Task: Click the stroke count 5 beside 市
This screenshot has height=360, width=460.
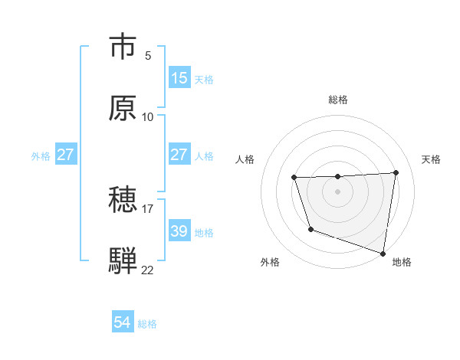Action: coord(148,56)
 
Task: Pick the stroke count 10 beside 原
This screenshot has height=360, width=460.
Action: coord(148,117)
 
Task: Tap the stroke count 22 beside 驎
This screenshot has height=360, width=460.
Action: coord(148,270)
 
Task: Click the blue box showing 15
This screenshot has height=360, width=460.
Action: coord(179,78)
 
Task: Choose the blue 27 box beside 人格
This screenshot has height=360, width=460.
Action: coord(179,155)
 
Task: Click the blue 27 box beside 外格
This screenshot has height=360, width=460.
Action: coord(66,155)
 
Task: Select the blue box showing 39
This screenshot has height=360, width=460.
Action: coord(179,231)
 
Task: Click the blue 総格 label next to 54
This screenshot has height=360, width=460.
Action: coord(148,324)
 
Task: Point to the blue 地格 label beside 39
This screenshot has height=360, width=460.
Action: coord(205,232)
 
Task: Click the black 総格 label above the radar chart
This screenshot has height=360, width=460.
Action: coord(338,100)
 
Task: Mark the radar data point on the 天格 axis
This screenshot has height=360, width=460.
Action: coord(396,173)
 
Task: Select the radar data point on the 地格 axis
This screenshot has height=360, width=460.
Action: coord(383,254)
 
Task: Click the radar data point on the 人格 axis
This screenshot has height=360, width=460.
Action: coord(294,178)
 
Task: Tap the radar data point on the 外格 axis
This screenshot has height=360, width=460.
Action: coord(310,229)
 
